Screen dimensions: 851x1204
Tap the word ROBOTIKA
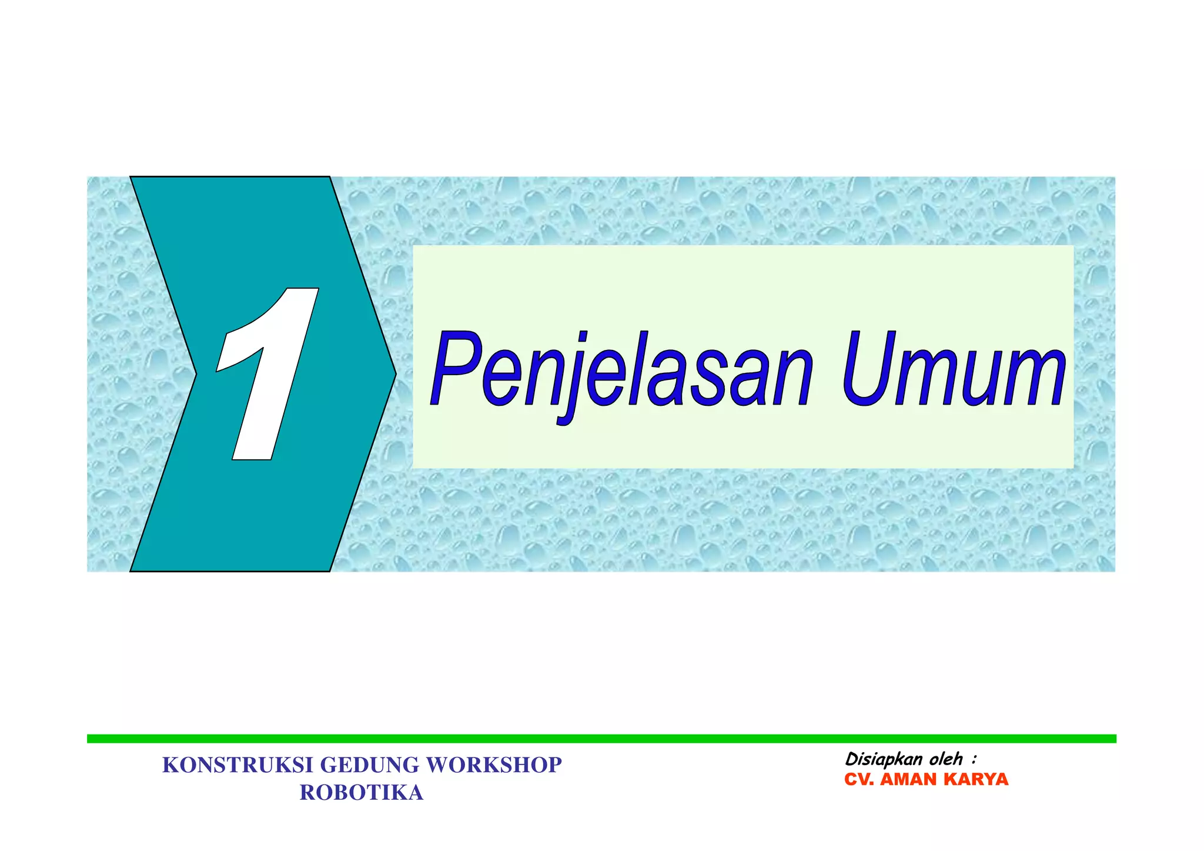tap(362, 793)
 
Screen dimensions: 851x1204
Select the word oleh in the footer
tap(946, 759)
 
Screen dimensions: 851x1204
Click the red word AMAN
tap(909, 780)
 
